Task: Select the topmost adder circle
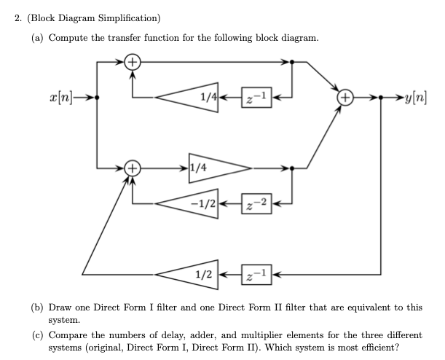point(132,63)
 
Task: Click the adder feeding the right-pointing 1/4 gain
point(132,169)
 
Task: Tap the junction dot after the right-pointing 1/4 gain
point(292,169)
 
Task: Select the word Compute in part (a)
point(68,37)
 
